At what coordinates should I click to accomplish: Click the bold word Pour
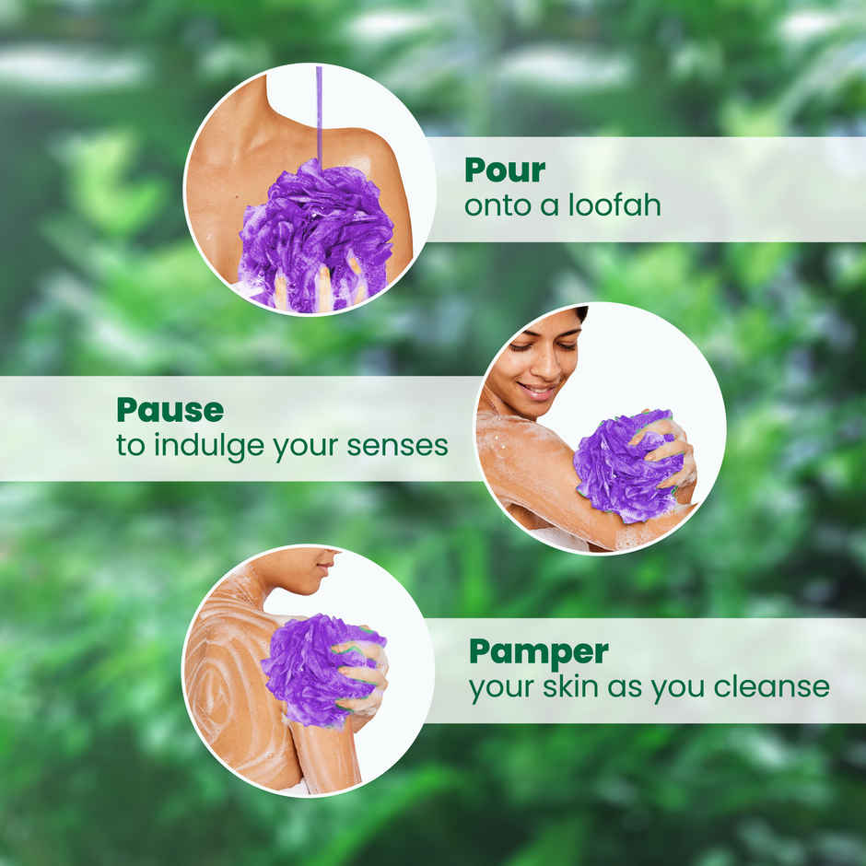[505, 170]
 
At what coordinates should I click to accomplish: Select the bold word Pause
[170, 410]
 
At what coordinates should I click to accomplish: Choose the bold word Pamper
[538, 651]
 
